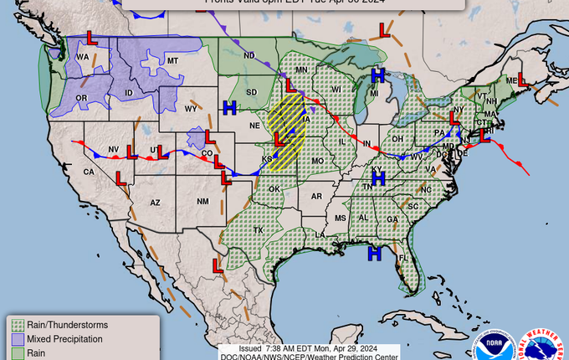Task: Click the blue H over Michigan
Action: (x=377, y=75)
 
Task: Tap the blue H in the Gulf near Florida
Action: (x=375, y=252)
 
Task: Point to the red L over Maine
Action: (x=520, y=81)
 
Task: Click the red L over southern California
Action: (x=120, y=179)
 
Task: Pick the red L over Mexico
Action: (x=218, y=265)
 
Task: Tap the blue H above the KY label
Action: (x=377, y=177)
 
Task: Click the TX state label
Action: (x=259, y=230)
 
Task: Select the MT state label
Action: (x=173, y=61)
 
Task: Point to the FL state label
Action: (x=402, y=257)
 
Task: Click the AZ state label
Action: (x=155, y=203)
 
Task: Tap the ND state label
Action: (x=249, y=56)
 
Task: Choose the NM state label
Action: (x=202, y=202)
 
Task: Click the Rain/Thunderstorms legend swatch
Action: (x=18, y=324)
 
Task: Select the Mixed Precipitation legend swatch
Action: (x=18, y=339)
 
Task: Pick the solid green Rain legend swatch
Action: (x=18, y=353)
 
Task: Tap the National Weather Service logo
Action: (x=543, y=344)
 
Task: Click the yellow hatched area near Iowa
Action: (x=287, y=130)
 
